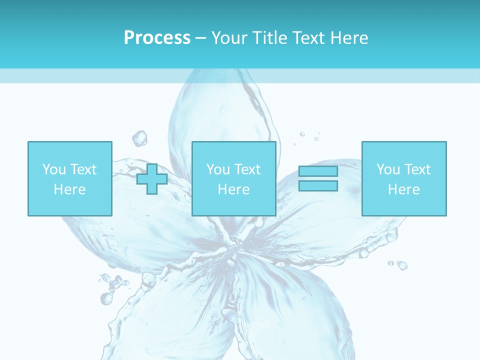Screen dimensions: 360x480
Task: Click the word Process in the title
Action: [x=157, y=38]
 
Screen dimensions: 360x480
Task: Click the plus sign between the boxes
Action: [x=152, y=179]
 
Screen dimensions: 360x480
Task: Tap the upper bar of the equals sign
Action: [x=318, y=171]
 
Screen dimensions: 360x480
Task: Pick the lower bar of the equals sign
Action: [x=318, y=185]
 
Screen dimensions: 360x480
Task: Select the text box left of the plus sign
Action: [x=70, y=178]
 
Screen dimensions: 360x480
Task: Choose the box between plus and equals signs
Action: [x=234, y=178]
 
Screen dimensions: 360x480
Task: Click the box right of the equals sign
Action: [x=404, y=178]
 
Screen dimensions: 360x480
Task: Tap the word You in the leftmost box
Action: [x=54, y=169]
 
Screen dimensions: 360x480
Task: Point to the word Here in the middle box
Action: [x=234, y=189]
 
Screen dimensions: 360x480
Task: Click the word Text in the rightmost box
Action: [x=417, y=169]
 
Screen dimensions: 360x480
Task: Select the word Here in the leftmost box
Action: [x=70, y=189]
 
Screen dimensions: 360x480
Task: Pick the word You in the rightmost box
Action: [x=388, y=169]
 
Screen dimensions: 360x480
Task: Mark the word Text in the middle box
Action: [x=247, y=169]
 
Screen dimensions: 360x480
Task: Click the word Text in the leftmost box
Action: [x=83, y=169]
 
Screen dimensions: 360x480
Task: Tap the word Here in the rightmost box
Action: [x=404, y=189]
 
